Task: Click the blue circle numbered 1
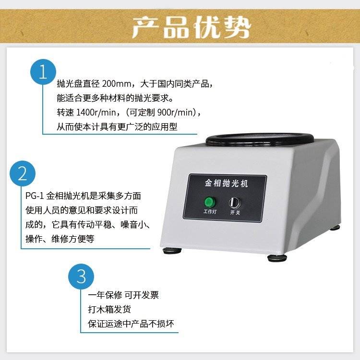click(43, 72)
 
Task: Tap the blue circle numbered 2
click(23, 174)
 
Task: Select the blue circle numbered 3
click(81, 277)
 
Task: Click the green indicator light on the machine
click(210, 202)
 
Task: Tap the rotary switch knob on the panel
click(235, 203)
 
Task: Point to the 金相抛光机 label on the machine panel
click(227, 183)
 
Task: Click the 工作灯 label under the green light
click(210, 211)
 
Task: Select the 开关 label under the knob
click(235, 212)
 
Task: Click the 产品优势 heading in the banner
click(191, 27)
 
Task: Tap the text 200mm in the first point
click(117, 83)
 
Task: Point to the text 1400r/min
click(96, 112)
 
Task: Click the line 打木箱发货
click(109, 309)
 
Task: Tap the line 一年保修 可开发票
click(123, 295)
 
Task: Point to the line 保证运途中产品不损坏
click(131, 324)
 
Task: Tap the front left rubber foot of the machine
click(172, 251)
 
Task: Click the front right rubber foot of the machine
click(277, 258)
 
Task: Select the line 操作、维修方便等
click(60, 239)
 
